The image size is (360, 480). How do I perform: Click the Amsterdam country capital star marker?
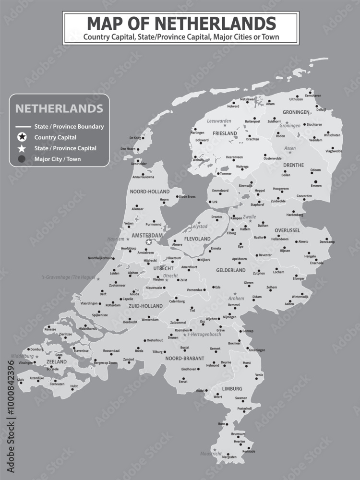pos(149,242)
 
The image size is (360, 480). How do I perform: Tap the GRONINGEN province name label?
pos(296,112)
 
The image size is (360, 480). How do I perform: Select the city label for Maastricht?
pos(212,453)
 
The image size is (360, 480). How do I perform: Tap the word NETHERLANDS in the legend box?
pos(59,108)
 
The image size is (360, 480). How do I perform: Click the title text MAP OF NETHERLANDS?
pos(181,23)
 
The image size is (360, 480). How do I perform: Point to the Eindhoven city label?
pos(189,369)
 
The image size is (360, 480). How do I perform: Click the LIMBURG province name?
pos(232,388)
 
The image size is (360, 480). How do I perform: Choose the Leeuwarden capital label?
pos(219,121)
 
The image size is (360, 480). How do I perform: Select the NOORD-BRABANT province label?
pos(185,358)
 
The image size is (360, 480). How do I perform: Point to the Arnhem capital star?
pos(235,293)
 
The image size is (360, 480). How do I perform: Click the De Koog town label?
pos(136,138)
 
